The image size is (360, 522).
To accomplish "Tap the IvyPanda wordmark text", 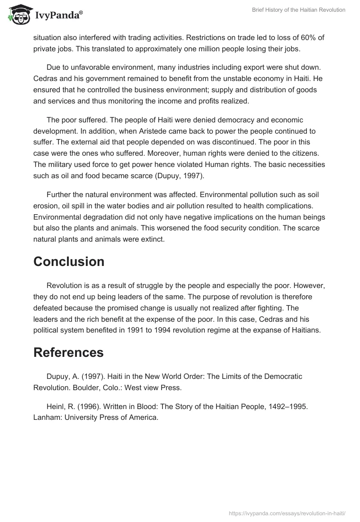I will (x=58, y=15).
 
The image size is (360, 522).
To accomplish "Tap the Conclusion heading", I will (x=69, y=261).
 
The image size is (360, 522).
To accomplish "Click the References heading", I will (x=68, y=352).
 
